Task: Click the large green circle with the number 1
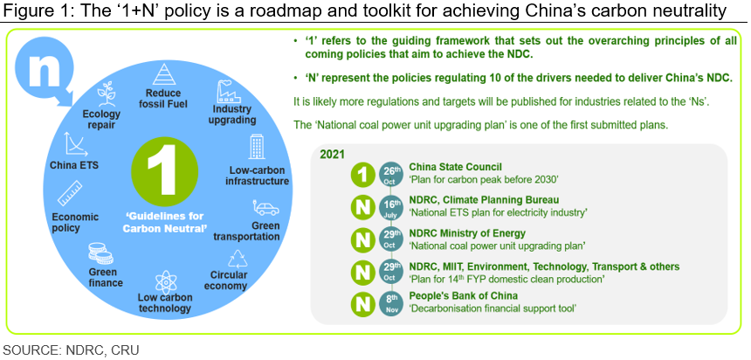click(164, 171)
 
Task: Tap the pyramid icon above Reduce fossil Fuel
click(164, 75)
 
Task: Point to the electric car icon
click(265, 209)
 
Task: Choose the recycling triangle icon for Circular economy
click(238, 259)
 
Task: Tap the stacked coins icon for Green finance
click(100, 253)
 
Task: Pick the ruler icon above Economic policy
click(70, 194)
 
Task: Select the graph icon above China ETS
click(74, 144)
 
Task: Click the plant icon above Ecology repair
click(106, 93)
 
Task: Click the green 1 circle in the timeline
click(363, 174)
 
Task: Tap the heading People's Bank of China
click(463, 295)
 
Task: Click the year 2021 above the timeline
click(333, 155)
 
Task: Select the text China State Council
click(456, 167)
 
